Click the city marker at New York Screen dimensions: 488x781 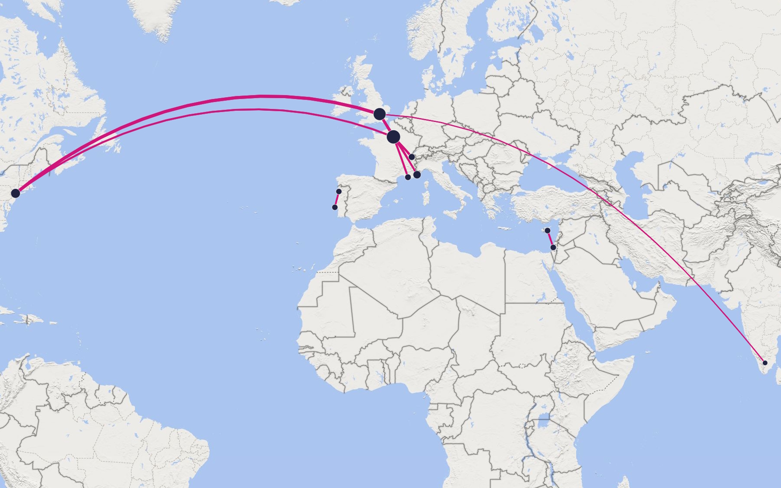[x=16, y=193]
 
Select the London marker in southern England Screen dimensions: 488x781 [x=380, y=114]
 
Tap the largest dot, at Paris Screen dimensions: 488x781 [x=393, y=137]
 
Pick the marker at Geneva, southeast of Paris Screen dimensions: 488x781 [x=411, y=157]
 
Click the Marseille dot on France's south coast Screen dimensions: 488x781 [x=408, y=177]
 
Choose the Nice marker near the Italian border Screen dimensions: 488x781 [x=417, y=175]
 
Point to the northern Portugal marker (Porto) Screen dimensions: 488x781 [x=339, y=191]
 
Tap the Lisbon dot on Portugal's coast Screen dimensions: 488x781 [x=335, y=207]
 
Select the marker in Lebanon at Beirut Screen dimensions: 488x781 [x=548, y=230]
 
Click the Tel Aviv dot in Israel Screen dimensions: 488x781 [x=553, y=247]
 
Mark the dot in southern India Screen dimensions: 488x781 [x=765, y=363]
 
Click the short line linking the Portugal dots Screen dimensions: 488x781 [x=337, y=200]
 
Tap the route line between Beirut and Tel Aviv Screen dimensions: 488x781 [x=551, y=239]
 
